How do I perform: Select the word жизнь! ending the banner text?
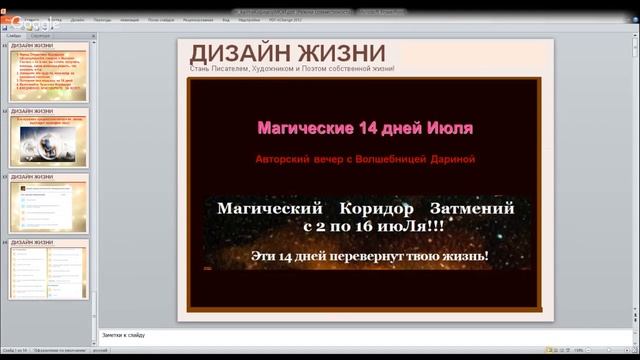coord(464,257)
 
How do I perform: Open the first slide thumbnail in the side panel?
coord(49,72)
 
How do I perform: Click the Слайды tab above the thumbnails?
coord(14,35)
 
